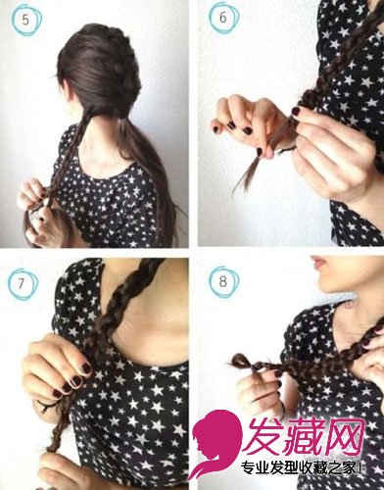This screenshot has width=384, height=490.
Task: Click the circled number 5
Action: (25, 20)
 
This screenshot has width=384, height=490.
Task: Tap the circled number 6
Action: (223, 18)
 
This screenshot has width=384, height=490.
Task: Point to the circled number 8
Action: (223, 281)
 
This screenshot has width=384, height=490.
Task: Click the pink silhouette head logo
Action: (214, 448)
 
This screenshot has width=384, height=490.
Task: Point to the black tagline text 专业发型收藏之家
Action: (298, 468)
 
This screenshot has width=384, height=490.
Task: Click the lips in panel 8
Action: (317, 262)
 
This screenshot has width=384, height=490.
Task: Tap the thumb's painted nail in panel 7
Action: (87, 368)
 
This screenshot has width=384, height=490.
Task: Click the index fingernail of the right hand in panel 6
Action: (297, 111)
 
